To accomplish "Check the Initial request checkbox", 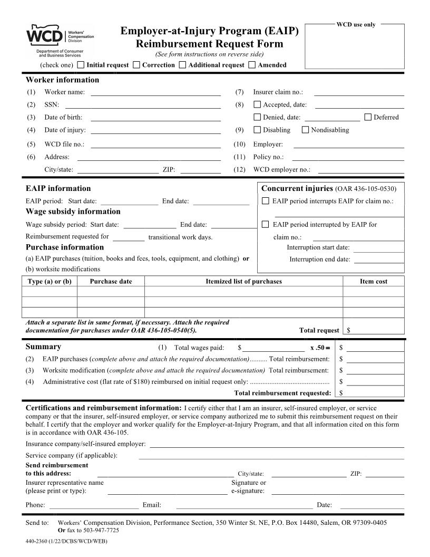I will click(81, 65).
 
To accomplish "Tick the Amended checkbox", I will click(252, 65).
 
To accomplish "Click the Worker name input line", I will click(155, 92).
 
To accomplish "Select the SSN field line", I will click(155, 105).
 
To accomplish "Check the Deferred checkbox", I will click(368, 117).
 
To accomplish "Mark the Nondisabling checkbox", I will click(305, 130).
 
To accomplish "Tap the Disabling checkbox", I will click(257, 130).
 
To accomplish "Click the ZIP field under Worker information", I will click(200, 170).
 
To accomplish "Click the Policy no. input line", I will click(348, 157).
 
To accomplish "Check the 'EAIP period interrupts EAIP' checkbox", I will click(266, 201).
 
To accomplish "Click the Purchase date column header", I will click(111, 282).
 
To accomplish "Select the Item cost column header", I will click(374, 282).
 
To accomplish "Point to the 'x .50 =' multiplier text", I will click(320, 348).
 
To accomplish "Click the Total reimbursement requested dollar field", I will click(374, 393).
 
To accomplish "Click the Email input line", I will click(245, 505).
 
